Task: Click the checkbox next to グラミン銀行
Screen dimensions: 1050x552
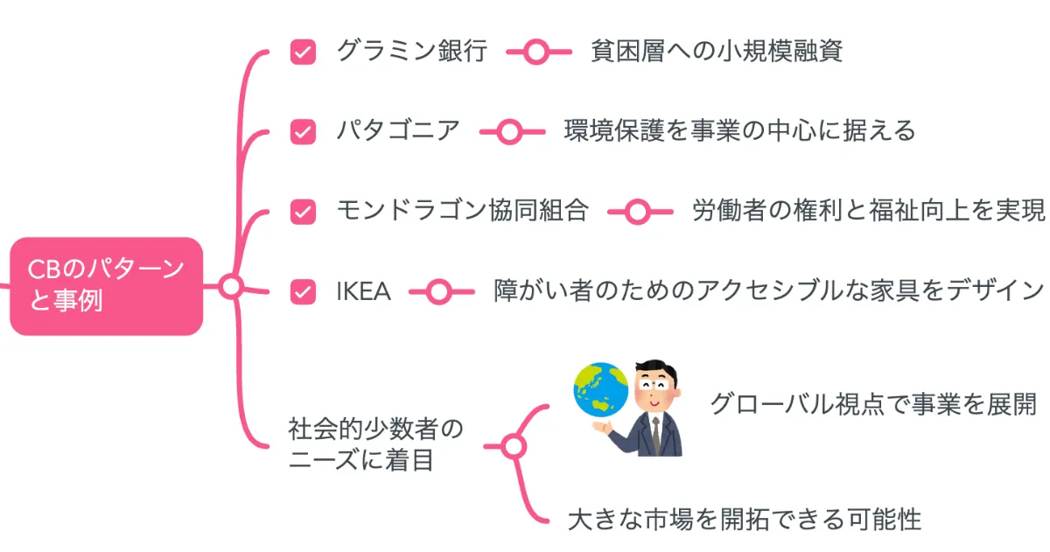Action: click(x=303, y=52)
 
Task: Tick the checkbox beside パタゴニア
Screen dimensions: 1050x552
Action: click(x=303, y=131)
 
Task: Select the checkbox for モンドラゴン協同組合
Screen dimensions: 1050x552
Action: click(x=303, y=211)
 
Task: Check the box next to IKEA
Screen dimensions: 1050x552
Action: click(x=303, y=291)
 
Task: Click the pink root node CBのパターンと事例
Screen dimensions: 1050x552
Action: click(x=106, y=286)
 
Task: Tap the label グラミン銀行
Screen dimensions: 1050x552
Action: click(x=411, y=52)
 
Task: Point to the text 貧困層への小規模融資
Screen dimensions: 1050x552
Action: click(x=717, y=52)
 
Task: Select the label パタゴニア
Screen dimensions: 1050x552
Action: click(x=398, y=131)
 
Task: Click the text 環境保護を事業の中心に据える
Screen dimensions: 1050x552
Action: click(x=739, y=131)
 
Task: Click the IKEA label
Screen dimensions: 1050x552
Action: click(x=363, y=291)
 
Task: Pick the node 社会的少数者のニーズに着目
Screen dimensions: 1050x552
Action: click(x=375, y=444)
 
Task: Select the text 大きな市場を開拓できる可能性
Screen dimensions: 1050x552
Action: click(x=745, y=519)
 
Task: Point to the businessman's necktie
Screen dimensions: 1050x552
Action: click(x=655, y=434)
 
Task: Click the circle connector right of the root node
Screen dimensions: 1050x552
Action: click(x=230, y=286)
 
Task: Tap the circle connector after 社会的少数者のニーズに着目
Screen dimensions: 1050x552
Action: click(x=514, y=447)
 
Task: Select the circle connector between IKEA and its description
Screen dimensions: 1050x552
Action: click(x=437, y=291)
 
